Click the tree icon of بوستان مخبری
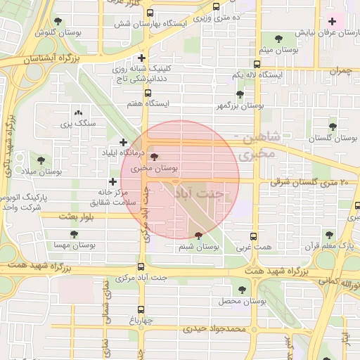pos(154,157)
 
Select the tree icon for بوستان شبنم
pos(198,236)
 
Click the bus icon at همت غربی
pos(254,236)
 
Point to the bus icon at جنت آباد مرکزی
pos(142,267)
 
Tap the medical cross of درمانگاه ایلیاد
pos(123,143)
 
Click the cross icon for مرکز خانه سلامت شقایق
pos(112,182)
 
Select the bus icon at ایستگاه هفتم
pos(148,93)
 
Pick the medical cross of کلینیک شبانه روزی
pos(142,58)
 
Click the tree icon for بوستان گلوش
pos(57,21)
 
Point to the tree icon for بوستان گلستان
pos(333,127)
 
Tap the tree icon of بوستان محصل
pos(243,289)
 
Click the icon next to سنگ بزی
pos(77,112)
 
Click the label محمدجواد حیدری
pos(214,328)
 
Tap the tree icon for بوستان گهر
pos(240,94)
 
